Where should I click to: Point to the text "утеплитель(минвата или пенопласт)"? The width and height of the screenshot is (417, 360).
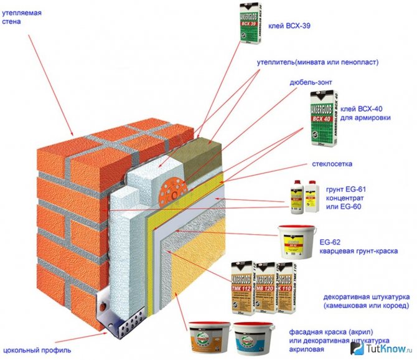(317, 63)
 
